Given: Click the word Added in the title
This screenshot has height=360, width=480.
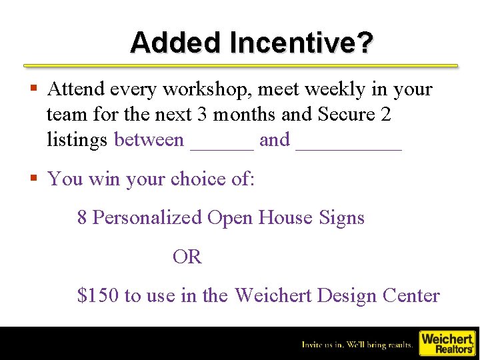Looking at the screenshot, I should pyautogui.click(x=176, y=43).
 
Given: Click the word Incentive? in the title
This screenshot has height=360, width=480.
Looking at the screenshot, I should pyautogui.click(x=301, y=43).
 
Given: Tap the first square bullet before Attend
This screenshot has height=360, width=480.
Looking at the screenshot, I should pyautogui.click(x=33, y=89).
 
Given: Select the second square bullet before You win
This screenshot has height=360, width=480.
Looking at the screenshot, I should pyautogui.click(x=33, y=179).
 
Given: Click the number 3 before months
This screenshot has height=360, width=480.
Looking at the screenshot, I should pyautogui.click(x=202, y=115).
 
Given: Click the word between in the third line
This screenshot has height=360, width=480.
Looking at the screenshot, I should pyautogui.click(x=149, y=140).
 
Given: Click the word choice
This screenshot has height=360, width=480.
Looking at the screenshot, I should pyautogui.click(x=195, y=179).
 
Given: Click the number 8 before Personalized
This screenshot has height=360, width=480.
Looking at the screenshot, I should pyautogui.click(x=82, y=218).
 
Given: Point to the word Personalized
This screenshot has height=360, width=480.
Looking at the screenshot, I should pyautogui.click(x=147, y=218).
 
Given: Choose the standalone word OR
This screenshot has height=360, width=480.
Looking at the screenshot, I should pyautogui.click(x=187, y=257).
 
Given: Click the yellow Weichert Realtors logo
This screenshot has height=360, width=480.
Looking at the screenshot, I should pyautogui.click(x=446, y=343).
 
